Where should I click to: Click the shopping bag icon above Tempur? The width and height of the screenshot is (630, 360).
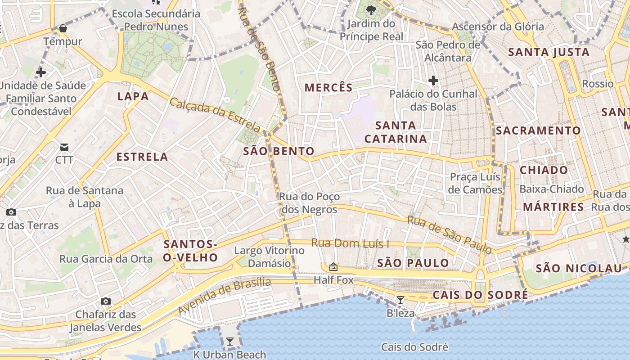click(63, 28)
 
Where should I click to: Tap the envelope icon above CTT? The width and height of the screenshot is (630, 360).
click(64, 147)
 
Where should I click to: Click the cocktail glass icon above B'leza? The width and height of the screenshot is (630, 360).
click(400, 300)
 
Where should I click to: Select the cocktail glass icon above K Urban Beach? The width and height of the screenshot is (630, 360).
click(230, 342)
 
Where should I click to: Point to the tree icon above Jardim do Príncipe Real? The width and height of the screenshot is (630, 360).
click(371, 10)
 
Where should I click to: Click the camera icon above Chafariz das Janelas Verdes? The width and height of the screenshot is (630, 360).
click(106, 301)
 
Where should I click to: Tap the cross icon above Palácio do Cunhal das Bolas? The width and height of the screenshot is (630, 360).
click(433, 81)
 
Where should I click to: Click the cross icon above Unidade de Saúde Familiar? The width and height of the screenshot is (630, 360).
click(41, 72)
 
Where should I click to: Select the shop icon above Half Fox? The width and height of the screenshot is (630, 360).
click(333, 267)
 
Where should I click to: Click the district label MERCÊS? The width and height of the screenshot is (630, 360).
click(328, 88)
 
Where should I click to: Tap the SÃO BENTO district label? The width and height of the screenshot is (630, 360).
click(279, 151)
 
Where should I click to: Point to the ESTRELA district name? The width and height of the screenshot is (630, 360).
click(142, 157)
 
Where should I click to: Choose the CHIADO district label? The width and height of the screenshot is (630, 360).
click(544, 170)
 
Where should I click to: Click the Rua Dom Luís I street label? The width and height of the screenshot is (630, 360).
click(350, 243)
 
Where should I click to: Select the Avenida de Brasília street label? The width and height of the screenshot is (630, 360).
click(225, 296)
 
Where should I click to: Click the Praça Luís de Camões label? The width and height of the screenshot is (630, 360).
click(476, 183)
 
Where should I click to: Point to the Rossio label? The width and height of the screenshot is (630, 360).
click(598, 84)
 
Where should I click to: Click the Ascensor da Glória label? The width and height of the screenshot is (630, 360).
click(498, 27)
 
